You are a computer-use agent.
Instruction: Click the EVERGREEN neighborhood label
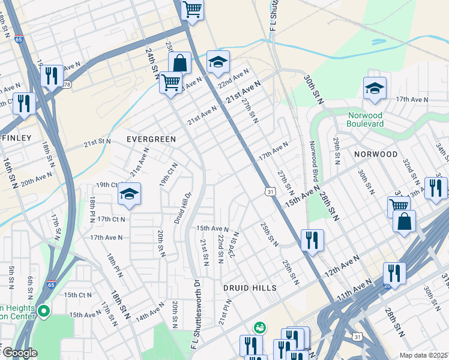pos(151,139)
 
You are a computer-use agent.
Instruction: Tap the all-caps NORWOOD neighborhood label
pos(375,154)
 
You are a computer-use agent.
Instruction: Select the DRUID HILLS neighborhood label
pos(250,288)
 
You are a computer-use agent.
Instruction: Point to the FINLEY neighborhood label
pos(16,138)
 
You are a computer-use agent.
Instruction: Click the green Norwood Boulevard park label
pos(373,120)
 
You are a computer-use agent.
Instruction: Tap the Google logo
pos(19,353)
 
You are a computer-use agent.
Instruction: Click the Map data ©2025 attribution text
pos(423,355)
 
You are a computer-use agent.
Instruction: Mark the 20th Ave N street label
pos(36,179)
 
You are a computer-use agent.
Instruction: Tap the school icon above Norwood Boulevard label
pos(375,89)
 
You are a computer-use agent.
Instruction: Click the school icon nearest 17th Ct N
pos(129,194)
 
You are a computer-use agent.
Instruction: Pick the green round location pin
pos(43,311)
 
